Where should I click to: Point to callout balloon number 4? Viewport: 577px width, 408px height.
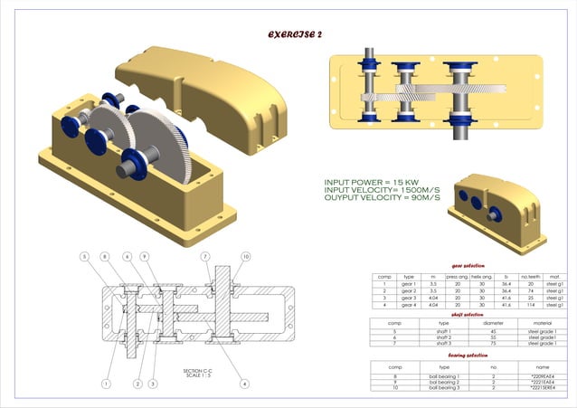244,384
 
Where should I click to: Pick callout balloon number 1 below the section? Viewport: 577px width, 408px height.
106,384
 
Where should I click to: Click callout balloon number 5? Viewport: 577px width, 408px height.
84,257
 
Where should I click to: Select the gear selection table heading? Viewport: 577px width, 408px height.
468,265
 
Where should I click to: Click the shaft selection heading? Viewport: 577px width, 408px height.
468,314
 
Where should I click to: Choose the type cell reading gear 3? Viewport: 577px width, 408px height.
408,299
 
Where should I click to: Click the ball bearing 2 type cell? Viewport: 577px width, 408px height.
443,382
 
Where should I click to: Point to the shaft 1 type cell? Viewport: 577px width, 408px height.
443,331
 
